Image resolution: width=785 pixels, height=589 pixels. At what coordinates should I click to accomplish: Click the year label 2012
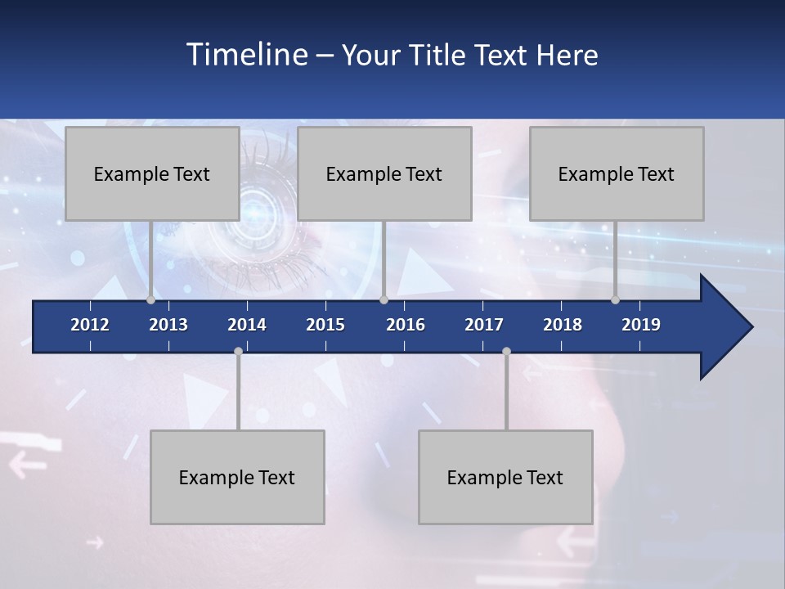[x=90, y=325]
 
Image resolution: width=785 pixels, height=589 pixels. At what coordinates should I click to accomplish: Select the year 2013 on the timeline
[x=168, y=325]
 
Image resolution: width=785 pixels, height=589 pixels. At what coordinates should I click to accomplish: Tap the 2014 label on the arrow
[x=247, y=325]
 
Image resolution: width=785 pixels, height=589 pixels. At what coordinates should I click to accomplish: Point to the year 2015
[x=325, y=325]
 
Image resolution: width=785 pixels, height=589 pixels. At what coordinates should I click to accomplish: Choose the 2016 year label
[x=406, y=325]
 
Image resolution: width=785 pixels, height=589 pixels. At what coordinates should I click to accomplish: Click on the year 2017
[x=484, y=325]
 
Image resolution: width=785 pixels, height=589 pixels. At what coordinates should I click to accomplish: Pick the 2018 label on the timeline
[x=563, y=325]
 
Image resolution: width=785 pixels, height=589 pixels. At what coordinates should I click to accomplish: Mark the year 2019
[x=641, y=325]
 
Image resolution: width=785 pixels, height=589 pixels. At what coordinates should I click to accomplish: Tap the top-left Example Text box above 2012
[x=152, y=173]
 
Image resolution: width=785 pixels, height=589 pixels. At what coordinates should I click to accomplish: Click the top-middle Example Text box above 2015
[x=384, y=173]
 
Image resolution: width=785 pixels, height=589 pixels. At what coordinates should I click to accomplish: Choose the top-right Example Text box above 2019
[x=617, y=173]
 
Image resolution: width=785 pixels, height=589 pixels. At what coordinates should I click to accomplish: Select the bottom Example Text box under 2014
[x=237, y=477]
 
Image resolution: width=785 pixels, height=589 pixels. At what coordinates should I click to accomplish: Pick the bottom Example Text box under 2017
[x=505, y=477]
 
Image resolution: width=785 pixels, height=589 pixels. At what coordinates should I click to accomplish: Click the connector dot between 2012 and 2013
[x=150, y=300]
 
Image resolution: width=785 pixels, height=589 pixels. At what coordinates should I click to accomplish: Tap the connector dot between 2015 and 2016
[x=384, y=300]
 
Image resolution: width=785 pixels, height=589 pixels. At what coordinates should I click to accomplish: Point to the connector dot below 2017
[x=506, y=351]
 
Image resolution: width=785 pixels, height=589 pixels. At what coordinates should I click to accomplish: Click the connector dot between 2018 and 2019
[x=616, y=300]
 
